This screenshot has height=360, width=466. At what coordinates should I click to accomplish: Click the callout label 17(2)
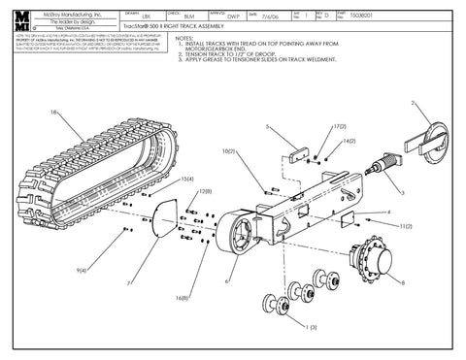(x=339, y=127)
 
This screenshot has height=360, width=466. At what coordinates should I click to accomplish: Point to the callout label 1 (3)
(x=310, y=328)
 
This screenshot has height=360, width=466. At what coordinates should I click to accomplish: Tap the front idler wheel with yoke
(x=427, y=146)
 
